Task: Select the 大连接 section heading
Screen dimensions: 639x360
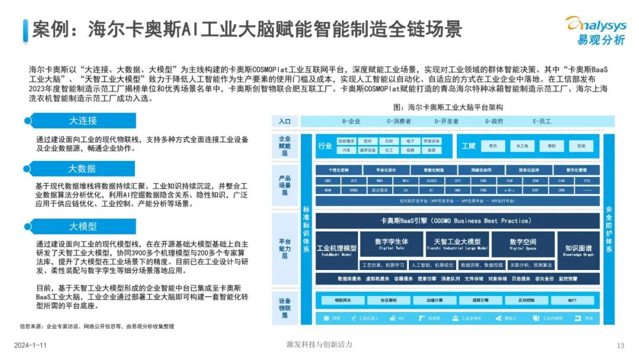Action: (82, 120)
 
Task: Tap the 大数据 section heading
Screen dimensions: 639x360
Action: (82, 168)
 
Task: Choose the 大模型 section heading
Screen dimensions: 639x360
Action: (82, 226)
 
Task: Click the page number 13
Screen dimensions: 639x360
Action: (621, 346)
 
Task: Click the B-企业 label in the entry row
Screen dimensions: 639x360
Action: (351, 121)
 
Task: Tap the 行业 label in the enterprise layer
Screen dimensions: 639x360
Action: (325, 146)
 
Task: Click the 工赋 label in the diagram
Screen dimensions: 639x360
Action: (469, 146)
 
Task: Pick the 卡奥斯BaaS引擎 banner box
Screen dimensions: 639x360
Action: (454, 221)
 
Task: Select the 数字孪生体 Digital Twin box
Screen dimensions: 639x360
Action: (392, 244)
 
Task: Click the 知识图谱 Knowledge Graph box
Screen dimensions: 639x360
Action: (578, 250)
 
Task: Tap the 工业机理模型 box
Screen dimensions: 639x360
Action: (337, 250)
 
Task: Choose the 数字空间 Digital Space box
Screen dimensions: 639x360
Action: (522, 244)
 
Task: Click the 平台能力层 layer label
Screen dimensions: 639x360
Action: (285, 249)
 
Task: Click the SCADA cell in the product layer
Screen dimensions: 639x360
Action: (431, 181)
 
